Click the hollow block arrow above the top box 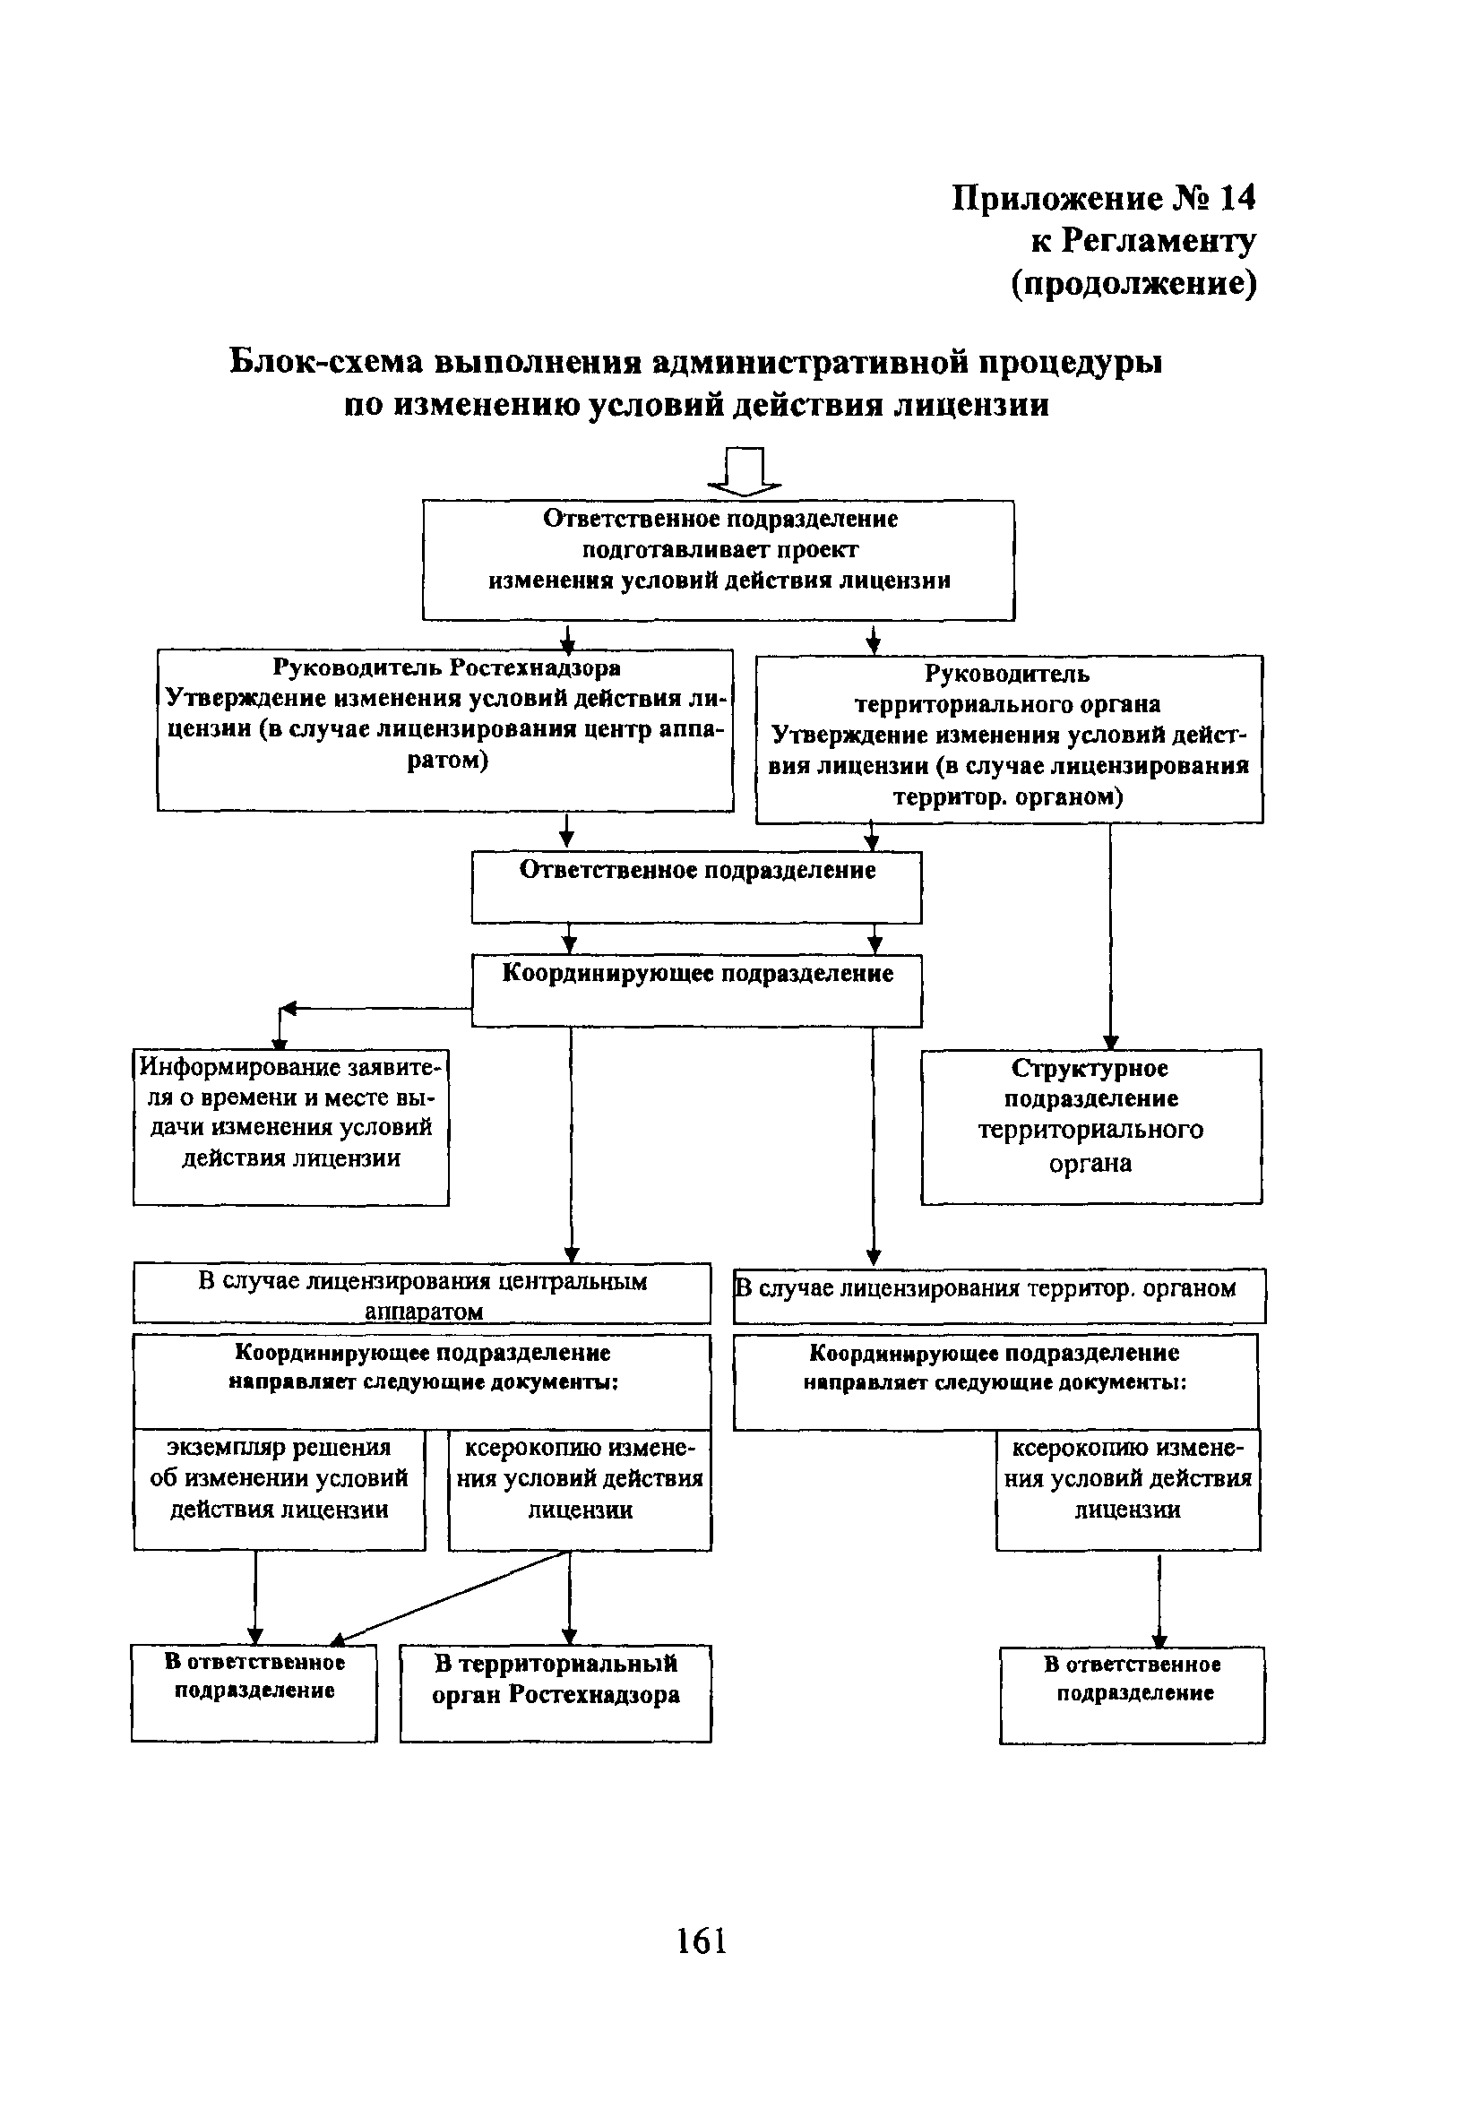tap(745, 471)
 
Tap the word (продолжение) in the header tap(1133, 283)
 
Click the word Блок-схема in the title tap(325, 361)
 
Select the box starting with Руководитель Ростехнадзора tap(445, 728)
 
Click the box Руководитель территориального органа tap(1008, 737)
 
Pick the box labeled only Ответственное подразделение tap(696, 886)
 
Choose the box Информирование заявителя tap(290, 1126)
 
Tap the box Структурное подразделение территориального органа tap(1090, 1126)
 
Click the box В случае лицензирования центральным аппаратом tap(421, 1293)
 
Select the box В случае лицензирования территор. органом tap(999, 1295)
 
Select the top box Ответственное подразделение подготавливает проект tap(718, 560)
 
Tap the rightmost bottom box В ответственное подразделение tap(1132, 1694)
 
